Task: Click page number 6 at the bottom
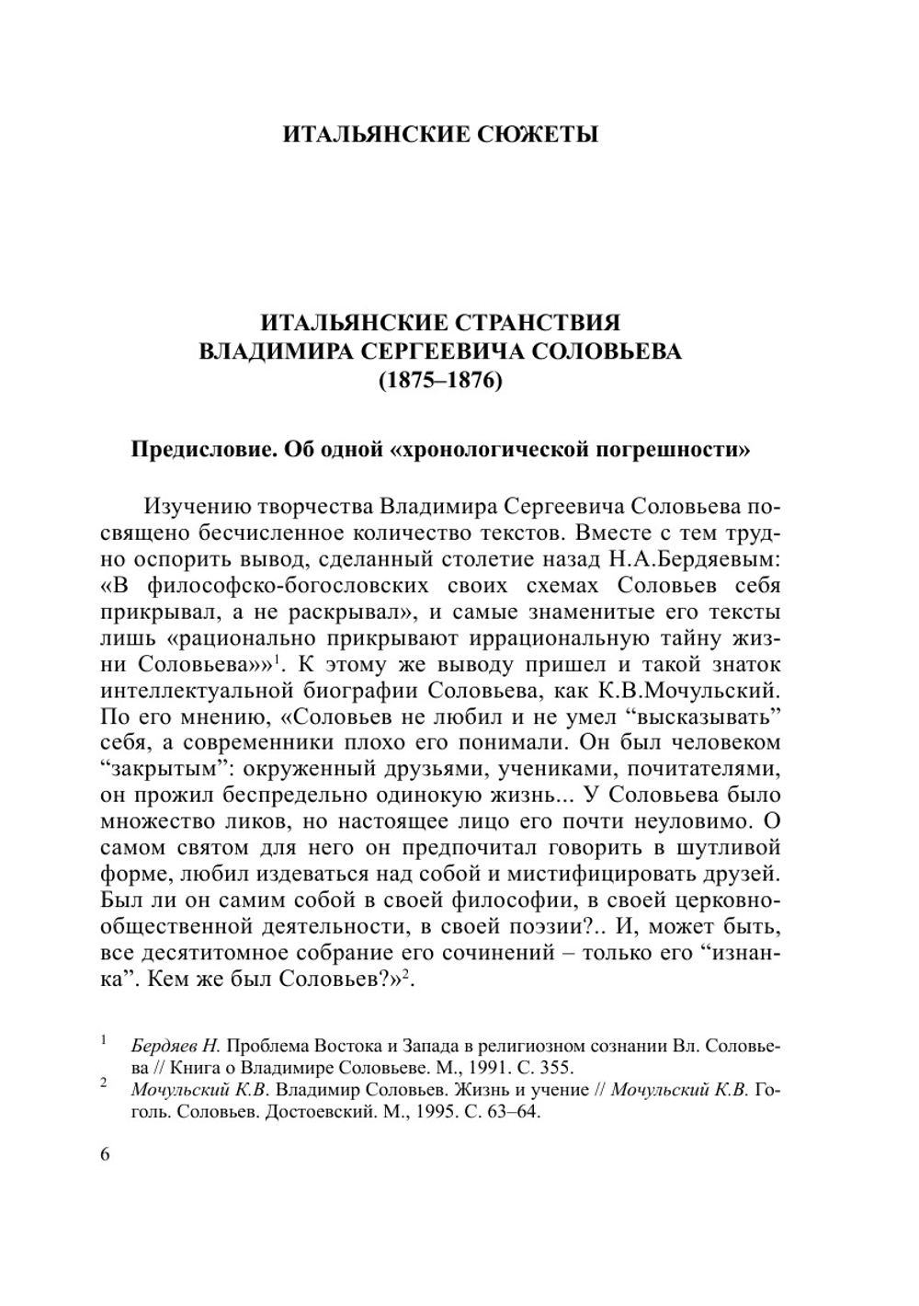click(104, 1154)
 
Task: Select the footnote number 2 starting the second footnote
click(104, 1085)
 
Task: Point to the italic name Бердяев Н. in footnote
click(176, 1047)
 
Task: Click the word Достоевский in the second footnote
click(326, 1112)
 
